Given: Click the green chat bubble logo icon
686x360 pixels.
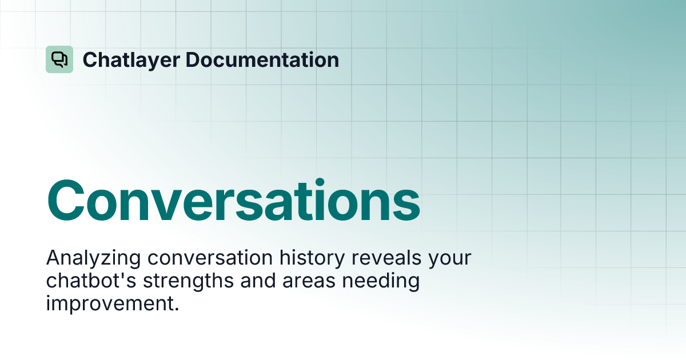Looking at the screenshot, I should pyautogui.click(x=59, y=59).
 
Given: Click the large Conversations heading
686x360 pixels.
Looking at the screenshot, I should pyautogui.click(x=233, y=201).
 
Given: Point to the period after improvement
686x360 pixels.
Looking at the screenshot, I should pyautogui.click(x=177, y=309).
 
